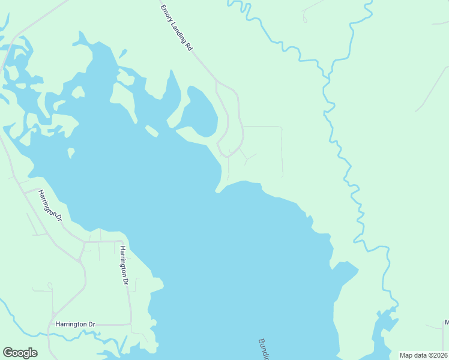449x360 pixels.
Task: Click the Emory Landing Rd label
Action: [176, 28]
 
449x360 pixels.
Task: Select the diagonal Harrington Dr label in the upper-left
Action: [50, 205]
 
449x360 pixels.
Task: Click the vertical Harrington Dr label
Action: [124, 265]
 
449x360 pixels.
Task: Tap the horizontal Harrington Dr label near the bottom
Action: [75, 325]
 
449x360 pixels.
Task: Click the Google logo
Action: [20, 353]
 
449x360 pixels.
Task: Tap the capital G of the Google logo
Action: [8, 353]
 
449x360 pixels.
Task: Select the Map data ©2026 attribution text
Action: [423, 355]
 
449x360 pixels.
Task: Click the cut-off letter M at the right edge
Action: [446, 323]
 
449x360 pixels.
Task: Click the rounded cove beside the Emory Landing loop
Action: [201, 111]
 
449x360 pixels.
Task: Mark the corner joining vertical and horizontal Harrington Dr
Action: [131, 324]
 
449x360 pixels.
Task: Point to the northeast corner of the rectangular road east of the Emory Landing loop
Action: [282, 127]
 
